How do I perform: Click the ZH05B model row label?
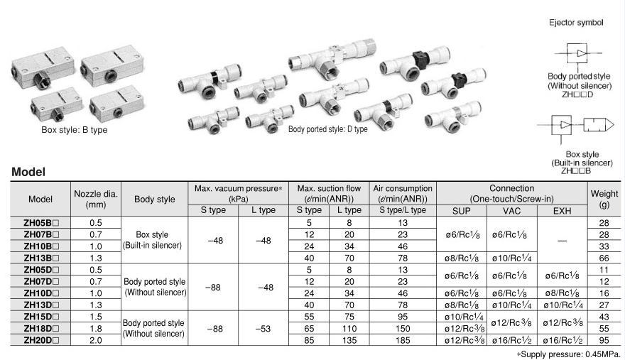click(40, 222)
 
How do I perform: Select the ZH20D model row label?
click(40, 340)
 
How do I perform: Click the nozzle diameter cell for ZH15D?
click(95, 316)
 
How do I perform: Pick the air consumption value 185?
click(403, 340)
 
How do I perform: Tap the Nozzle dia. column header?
click(95, 198)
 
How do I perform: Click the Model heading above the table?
click(28, 172)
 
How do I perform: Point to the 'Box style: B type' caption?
click(74, 130)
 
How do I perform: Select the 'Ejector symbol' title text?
click(576, 23)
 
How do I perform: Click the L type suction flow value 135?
click(349, 340)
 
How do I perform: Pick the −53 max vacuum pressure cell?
click(263, 328)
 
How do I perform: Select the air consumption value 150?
click(403, 328)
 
